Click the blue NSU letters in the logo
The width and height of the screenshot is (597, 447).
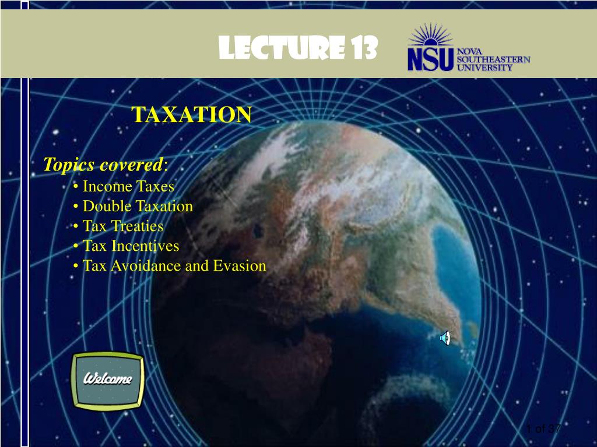pyautogui.click(x=431, y=60)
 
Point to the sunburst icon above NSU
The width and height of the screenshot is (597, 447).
pyautogui.click(x=431, y=36)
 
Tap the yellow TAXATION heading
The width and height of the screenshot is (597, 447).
pyautogui.click(x=191, y=115)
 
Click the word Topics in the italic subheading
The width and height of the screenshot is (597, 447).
pyautogui.click(x=69, y=165)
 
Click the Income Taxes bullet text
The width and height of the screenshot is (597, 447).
pyautogui.click(x=128, y=187)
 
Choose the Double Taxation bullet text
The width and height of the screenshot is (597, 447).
pyautogui.click(x=138, y=207)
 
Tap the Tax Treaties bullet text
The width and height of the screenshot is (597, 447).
pyautogui.click(x=123, y=226)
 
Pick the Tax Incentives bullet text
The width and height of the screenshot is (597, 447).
pyautogui.click(x=131, y=246)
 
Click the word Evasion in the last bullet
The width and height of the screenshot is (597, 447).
pyautogui.click(x=241, y=266)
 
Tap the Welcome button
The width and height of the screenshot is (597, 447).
pyautogui.click(x=108, y=379)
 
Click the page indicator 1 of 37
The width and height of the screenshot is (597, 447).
pyautogui.click(x=543, y=429)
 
